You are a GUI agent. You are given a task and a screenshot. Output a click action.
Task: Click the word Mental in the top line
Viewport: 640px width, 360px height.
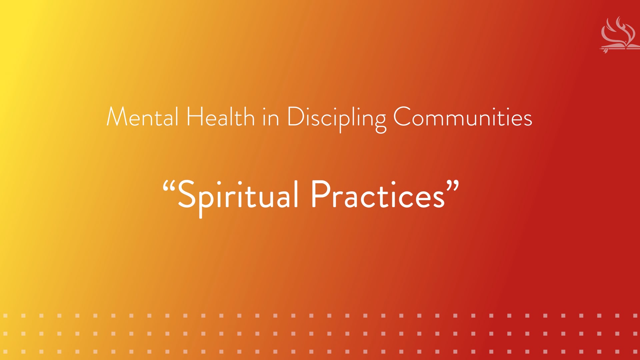[x=142, y=117]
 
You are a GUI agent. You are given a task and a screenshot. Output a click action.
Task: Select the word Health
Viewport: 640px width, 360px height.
[x=220, y=117]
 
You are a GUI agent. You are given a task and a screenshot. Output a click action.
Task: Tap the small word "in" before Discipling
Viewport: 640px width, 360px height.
[x=271, y=118]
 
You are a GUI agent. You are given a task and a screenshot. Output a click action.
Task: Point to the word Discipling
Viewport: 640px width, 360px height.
[x=337, y=118]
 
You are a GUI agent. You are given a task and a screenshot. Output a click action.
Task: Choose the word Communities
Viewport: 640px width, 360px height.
[x=463, y=117]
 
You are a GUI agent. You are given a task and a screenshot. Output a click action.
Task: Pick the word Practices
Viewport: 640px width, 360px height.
[x=378, y=195]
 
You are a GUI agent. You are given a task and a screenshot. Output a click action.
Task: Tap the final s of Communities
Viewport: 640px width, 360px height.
[x=527, y=120]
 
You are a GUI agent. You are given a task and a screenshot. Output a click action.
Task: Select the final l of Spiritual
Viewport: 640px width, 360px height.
[x=296, y=194]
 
